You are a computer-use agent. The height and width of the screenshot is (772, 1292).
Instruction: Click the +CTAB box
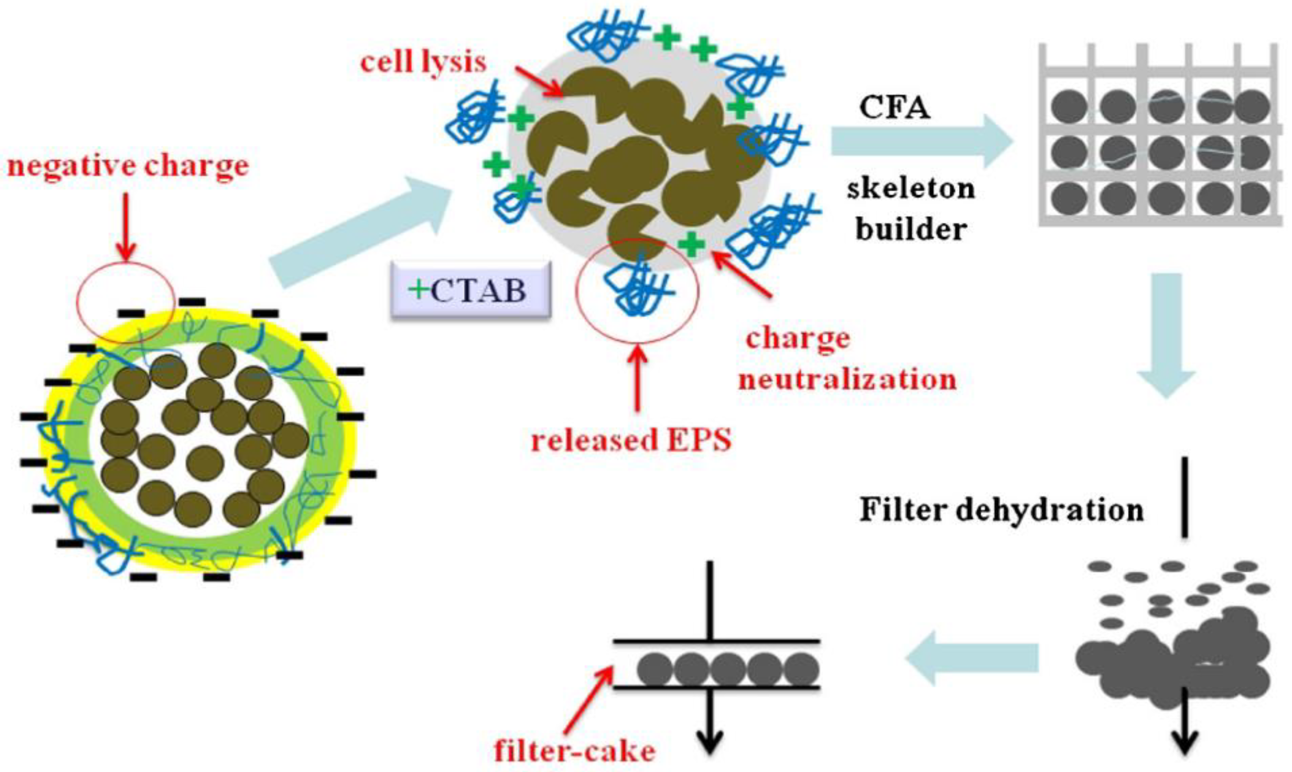coord(470,290)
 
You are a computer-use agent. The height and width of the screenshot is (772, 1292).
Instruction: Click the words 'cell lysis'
coord(423,63)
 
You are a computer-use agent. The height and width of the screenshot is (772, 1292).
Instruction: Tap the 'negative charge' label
coord(128,167)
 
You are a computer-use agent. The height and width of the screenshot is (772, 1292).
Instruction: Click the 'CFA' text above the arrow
coord(895,108)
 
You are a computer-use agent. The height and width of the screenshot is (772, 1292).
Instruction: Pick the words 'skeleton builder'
coord(910,208)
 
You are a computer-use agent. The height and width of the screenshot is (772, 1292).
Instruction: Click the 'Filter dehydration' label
coord(1002,510)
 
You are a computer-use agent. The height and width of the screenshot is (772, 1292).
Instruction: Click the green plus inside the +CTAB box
coord(417,289)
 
